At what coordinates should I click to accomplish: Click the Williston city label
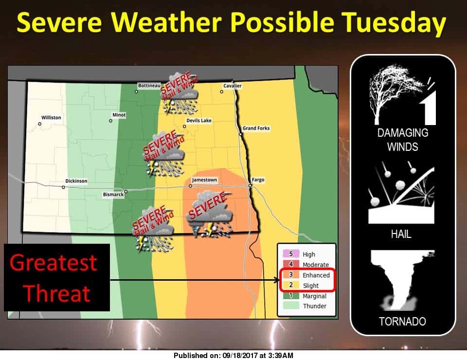(51, 118)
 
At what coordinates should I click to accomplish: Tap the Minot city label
(119, 115)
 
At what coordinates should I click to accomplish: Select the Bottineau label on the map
(149, 86)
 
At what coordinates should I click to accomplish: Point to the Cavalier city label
(233, 86)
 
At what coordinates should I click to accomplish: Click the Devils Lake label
(199, 121)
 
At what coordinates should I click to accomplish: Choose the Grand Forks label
(256, 128)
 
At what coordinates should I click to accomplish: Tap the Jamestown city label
(204, 180)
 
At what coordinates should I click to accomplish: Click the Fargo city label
(258, 180)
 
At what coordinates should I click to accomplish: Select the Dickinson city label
(76, 181)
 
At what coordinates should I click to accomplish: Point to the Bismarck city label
(113, 195)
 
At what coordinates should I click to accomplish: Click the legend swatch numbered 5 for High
(291, 253)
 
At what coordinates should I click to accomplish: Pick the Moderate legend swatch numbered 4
(291, 264)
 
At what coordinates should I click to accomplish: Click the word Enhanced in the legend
(316, 275)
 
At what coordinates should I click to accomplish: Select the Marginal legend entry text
(315, 296)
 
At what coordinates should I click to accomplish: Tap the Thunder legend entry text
(315, 306)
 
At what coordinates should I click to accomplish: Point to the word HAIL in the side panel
(401, 234)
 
